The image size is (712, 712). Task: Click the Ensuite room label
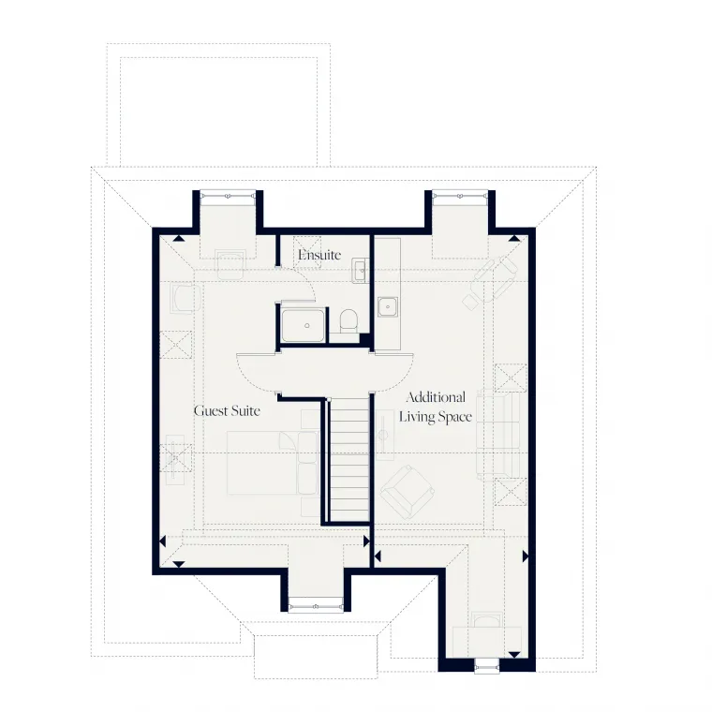coord(319,255)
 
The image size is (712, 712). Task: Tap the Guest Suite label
coord(227,410)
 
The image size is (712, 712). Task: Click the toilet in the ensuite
coord(349,321)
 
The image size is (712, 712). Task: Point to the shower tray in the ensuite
coord(305,323)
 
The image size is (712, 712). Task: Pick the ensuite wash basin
coord(361,272)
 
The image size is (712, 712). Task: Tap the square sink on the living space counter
coord(388,305)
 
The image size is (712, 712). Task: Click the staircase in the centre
coord(348,459)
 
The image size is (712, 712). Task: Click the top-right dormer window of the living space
coord(459,195)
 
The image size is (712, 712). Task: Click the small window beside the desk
coord(488,667)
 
